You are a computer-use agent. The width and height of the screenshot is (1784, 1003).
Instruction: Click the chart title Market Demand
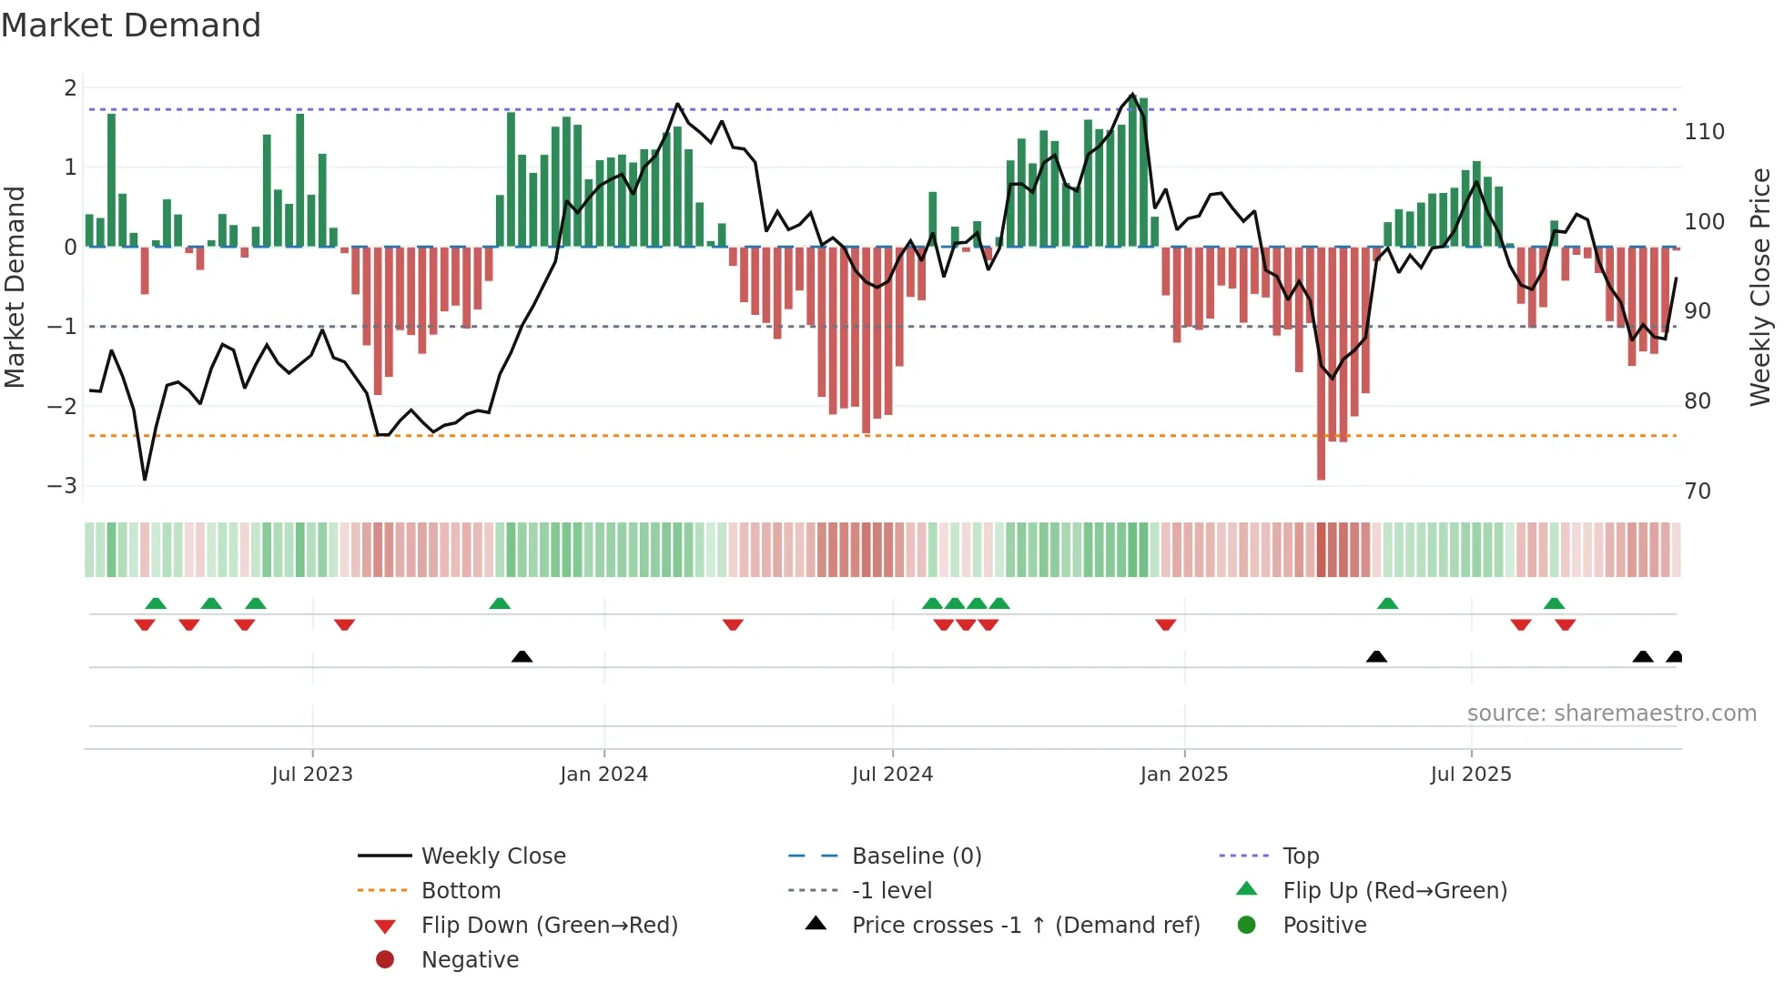click(131, 25)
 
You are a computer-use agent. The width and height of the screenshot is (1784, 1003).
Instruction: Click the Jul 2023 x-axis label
click(311, 775)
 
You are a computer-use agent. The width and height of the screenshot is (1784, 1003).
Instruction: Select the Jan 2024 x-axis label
click(603, 775)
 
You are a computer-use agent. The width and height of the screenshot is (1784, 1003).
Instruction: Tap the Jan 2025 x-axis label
click(1183, 775)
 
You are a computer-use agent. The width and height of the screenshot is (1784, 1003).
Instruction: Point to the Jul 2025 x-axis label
click(1470, 775)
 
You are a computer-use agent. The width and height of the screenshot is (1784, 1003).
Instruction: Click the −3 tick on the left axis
click(63, 485)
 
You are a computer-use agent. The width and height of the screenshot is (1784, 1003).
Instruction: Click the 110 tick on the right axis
click(1704, 132)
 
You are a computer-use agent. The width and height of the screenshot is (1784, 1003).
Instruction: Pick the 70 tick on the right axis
click(1698, 491)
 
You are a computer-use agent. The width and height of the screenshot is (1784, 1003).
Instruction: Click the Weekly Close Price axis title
click(1760, 287)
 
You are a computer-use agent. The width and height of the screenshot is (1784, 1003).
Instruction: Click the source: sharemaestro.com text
click(1611, 714)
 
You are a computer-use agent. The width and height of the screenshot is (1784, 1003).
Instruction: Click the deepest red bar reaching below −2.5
click(1321, 364)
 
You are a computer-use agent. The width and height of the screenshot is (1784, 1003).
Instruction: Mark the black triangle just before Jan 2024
click(522, 656)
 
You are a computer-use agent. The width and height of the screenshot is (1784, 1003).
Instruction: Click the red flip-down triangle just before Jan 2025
click(1165, 624)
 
